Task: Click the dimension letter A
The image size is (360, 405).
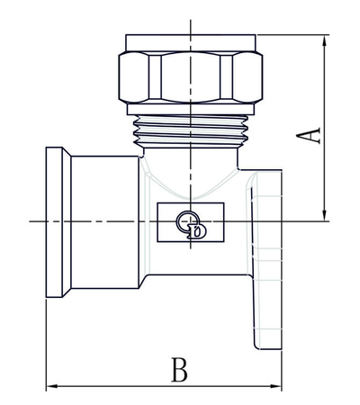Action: click(310, 134)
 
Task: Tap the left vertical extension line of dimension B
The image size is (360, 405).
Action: click(45, 342)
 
